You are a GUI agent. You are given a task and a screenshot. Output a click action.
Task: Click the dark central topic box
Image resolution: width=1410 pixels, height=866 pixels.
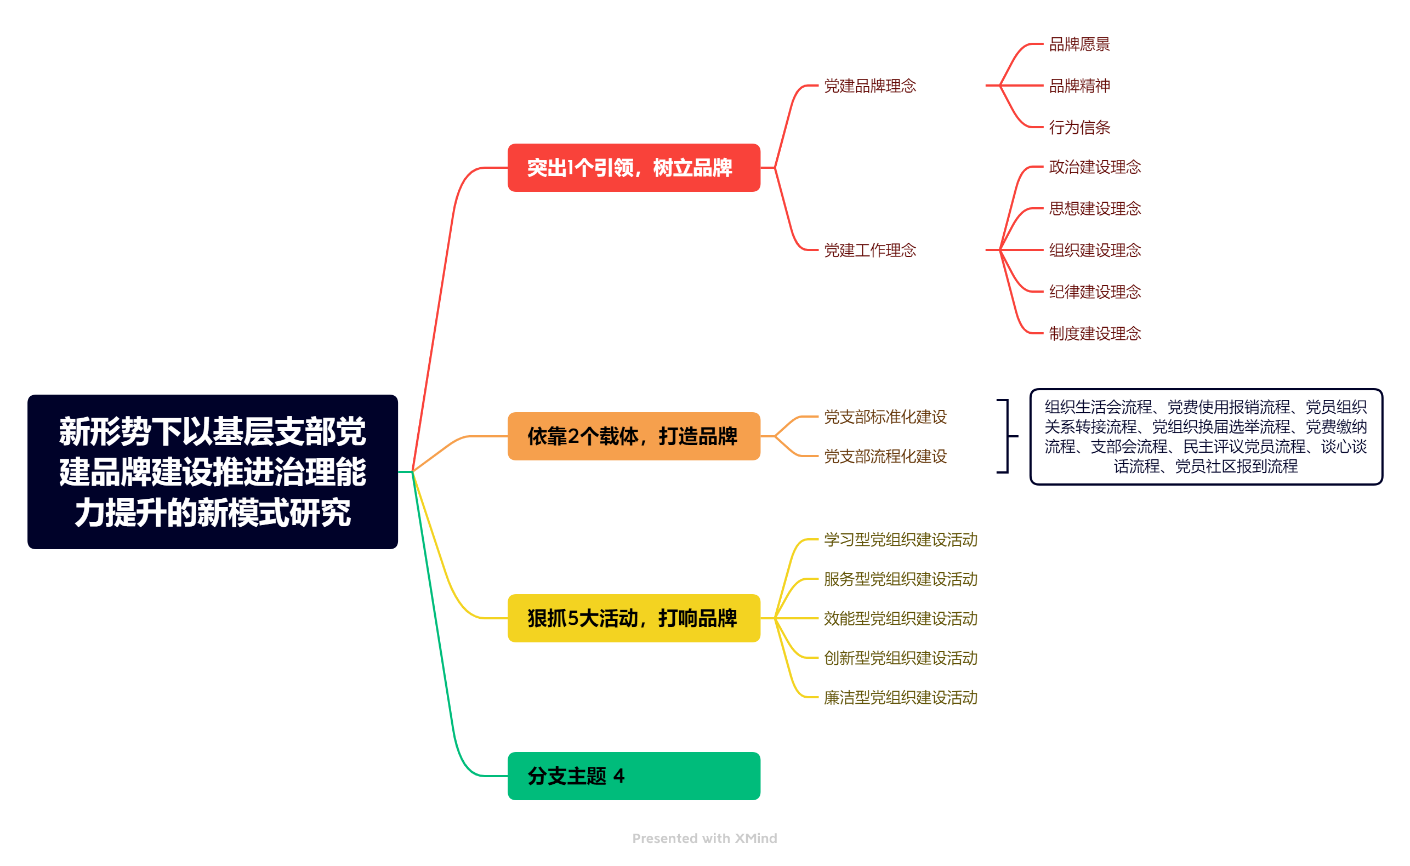[x=213, y=471]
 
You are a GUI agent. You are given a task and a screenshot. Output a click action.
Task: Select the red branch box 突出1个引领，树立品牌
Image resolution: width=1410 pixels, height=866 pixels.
[x=633, y=168]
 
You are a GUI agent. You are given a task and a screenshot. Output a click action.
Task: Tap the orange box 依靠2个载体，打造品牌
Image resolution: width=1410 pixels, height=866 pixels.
[x=633, y=436]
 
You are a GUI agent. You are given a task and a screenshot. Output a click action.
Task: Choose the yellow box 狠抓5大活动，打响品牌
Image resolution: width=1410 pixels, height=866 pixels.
[x=633, y=618]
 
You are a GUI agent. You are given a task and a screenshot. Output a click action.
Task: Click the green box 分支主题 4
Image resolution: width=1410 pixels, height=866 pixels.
[x=633, y=776]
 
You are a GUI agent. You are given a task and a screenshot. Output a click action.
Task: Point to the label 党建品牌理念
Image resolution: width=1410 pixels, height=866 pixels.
[x=869, y=86]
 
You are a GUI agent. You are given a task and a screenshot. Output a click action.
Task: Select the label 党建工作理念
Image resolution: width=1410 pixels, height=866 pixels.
[x=869, y=250]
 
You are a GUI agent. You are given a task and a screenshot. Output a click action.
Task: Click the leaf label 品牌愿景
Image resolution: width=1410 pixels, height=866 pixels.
[x=1079, y=44]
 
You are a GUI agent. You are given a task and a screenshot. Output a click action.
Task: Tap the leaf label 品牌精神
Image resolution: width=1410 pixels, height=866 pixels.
[x=1079, y=86]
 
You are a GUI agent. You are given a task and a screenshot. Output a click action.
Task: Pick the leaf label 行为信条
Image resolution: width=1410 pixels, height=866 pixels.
[x=1079, y=127]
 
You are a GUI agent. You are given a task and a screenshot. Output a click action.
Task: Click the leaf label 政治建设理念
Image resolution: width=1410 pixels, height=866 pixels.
[x=1094, y=167]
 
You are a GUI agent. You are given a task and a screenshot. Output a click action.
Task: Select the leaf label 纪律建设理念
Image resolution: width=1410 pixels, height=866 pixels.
[x=1094, y=292]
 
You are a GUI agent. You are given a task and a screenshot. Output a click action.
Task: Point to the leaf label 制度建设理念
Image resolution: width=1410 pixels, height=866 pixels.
[x=1094, y=333]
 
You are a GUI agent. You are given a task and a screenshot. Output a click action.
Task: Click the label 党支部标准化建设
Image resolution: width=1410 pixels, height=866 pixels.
[x=885, y=417]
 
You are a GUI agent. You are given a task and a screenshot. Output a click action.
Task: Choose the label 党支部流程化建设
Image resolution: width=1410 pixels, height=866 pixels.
[x=885, y=456]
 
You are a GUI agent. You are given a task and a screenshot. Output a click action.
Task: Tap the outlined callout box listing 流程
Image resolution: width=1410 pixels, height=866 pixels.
[x=1206, y=436]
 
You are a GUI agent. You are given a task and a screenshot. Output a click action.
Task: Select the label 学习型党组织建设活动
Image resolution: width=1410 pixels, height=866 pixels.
[x=900, y=539]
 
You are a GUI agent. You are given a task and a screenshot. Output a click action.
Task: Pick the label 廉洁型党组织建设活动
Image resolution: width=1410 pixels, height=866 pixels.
[x=900, y=697]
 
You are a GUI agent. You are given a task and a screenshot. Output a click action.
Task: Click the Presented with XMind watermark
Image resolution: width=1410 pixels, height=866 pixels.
[x=704, y=838]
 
